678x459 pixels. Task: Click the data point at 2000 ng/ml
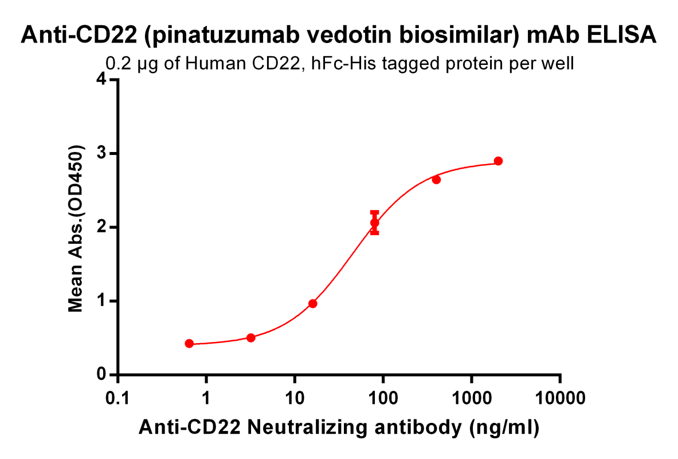tap(498, 161)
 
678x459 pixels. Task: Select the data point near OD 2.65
tap(436, 180)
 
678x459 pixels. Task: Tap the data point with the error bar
tap(375, 223)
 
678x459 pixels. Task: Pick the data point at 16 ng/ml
tap(313, 304)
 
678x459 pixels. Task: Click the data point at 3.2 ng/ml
tap(250, 337)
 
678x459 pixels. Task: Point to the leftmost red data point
tap(189, 344)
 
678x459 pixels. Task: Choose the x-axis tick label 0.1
tap(117, 398)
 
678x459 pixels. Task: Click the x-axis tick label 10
tap(295, 398)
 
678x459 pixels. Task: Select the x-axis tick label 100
tap(383, 398)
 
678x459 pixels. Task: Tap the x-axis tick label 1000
tap(472, 398)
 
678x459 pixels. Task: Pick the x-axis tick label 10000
tap(560, 398)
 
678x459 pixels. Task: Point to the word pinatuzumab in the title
tap(214, 36)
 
